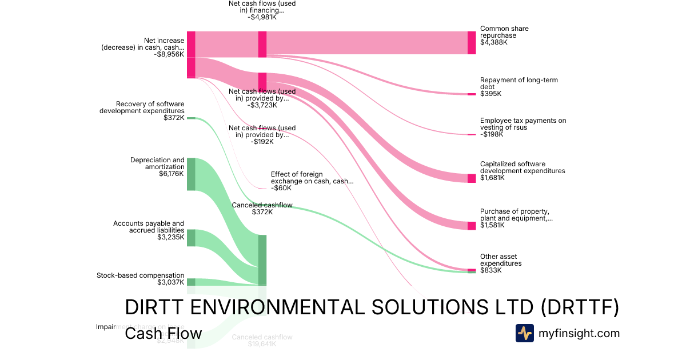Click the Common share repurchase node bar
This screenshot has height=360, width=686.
pos(472,43)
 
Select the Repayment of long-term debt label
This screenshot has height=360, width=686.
pos(519,83)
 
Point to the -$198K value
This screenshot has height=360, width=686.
pos(492,134)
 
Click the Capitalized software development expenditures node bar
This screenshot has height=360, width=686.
pos(472,178)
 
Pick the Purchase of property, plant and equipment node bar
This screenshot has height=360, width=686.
pos(472,225)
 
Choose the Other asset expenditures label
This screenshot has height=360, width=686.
pos(501,260)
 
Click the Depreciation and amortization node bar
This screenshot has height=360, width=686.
pos(191,174)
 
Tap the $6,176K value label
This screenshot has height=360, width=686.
pos(172,174)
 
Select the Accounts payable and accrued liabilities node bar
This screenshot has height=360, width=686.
pos(191,238)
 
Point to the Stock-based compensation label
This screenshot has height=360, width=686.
pos(141,275)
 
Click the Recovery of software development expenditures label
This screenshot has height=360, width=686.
pos(142,107)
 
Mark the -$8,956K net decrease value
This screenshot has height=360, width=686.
pos(169,54)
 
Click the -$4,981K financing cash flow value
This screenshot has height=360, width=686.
pos(262,17)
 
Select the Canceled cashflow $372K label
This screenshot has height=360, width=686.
pos(262,209)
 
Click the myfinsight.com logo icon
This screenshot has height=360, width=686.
pos(524,333)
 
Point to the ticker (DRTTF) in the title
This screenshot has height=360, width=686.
pos(580,307)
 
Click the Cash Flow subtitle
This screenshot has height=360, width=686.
pos(163,333)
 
